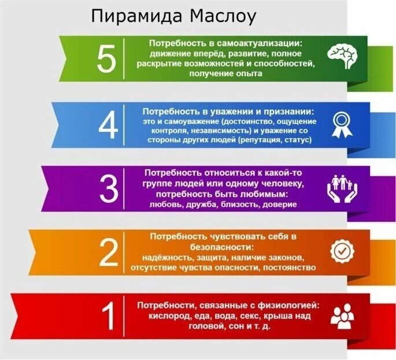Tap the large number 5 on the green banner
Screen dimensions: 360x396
click(x=106, y=59)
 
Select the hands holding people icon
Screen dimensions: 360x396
click(x=342, y=187)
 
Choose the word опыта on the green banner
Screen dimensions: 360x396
click(x=250, y=74)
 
